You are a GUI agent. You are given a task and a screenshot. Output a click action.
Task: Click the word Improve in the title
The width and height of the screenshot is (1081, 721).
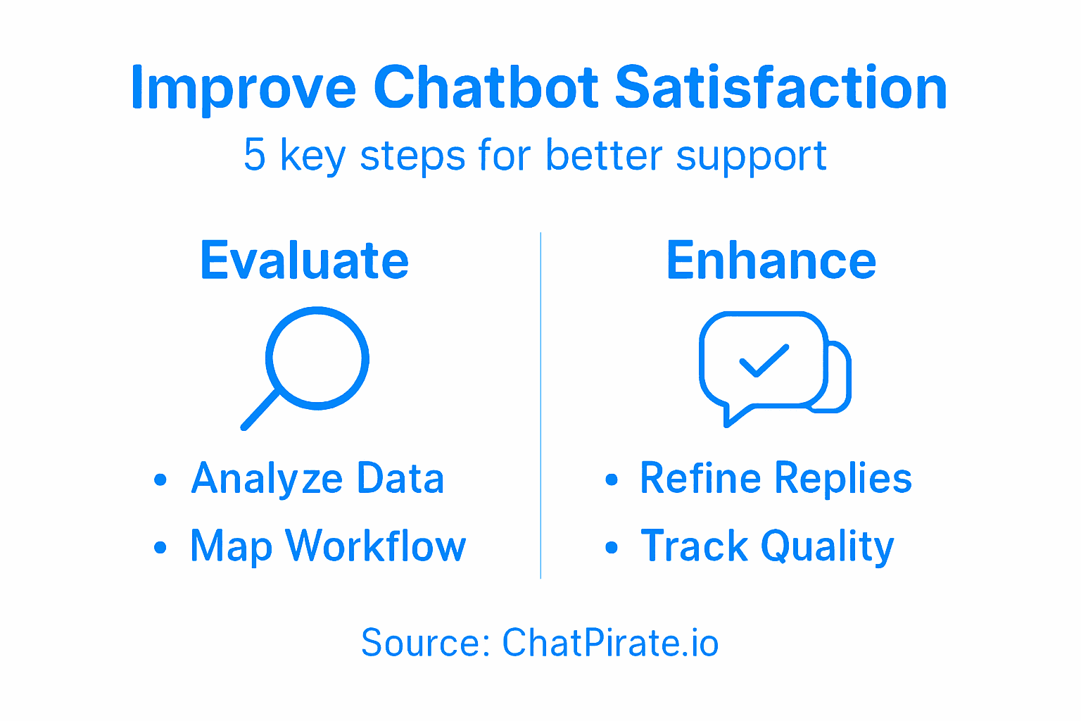point(244,89)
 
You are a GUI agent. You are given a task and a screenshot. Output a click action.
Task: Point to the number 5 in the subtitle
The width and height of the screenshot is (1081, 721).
point(254,155)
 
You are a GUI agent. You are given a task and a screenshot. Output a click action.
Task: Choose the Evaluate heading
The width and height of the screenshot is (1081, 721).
point(304,261)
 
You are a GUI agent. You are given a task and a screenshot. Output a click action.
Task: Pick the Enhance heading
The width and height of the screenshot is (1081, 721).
point(771,261)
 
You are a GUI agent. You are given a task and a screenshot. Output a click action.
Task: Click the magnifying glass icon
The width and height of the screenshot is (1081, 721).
point(317,358)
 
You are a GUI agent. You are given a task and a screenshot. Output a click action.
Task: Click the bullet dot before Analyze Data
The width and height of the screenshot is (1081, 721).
point(160,480)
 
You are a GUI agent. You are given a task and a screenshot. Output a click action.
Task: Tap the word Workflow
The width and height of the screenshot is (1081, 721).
point(376,546)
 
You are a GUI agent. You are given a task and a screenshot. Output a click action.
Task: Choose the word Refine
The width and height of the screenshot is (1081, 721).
point(700,479)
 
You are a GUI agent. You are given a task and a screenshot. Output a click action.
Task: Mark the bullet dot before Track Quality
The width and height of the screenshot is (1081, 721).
point(612,547)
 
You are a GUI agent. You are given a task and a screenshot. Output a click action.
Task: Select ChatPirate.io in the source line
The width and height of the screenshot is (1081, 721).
point(610,643)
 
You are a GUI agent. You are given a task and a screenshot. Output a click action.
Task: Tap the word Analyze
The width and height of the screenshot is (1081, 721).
point(267,479)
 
